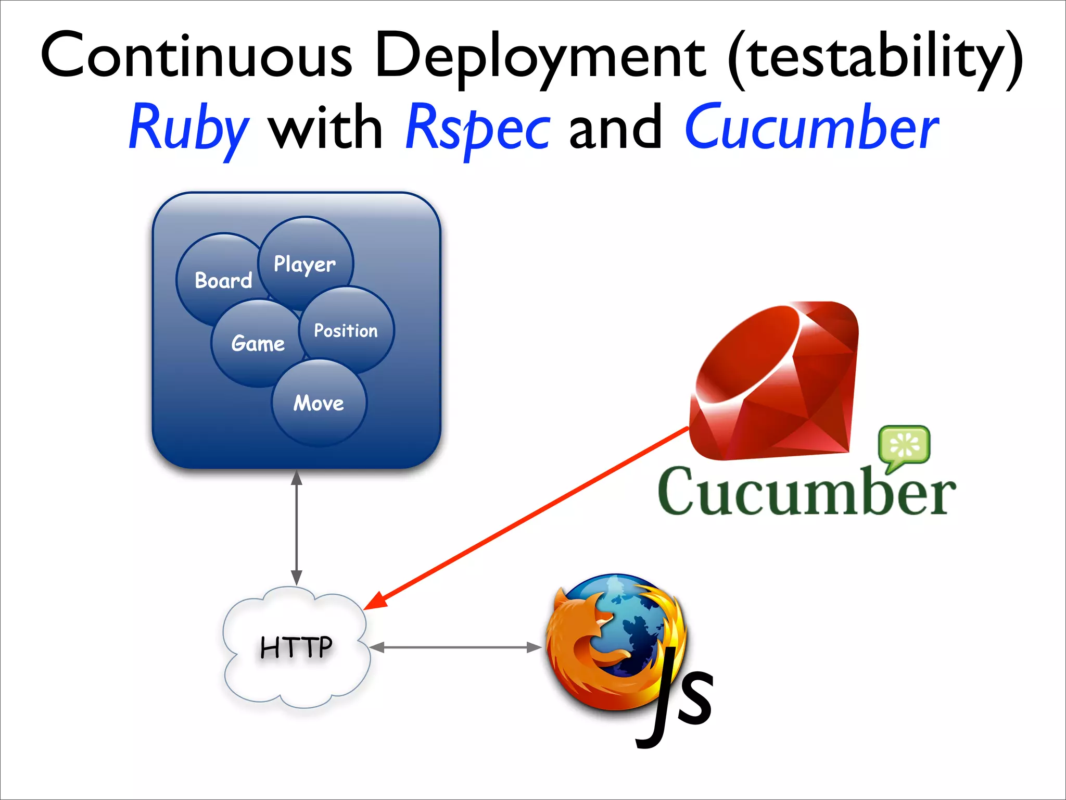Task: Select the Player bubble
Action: coord(306,264)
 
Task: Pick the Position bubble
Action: coord(346,330)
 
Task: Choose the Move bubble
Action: coord(319,403)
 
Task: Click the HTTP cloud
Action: coord(296,647)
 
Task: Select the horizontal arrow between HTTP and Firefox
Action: coord(455,647)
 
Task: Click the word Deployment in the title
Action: coord(539,57)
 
